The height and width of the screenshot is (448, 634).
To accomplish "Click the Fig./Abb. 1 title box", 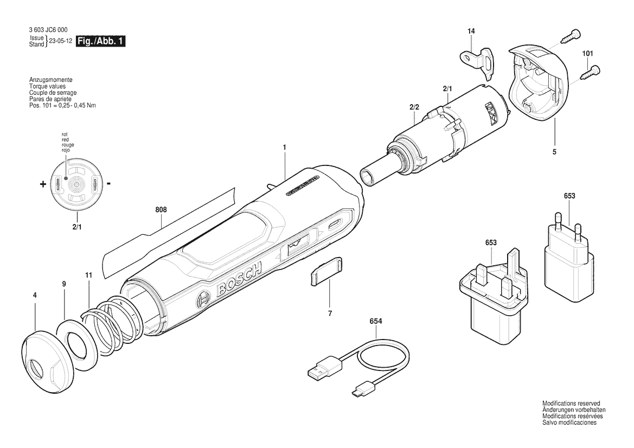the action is click(100, 41).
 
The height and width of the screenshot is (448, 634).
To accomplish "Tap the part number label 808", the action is click(161, 210).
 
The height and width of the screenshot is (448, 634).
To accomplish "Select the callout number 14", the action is click(471, 31).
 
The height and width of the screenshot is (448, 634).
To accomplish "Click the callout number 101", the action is click(587, 53).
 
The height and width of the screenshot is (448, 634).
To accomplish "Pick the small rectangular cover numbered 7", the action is click(326, 271).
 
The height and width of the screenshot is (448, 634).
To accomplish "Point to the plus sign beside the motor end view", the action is click(43, 184).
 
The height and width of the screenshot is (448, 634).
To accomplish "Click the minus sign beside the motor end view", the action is click(109, 184).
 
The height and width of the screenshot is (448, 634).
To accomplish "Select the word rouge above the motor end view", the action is click(68, 145).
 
